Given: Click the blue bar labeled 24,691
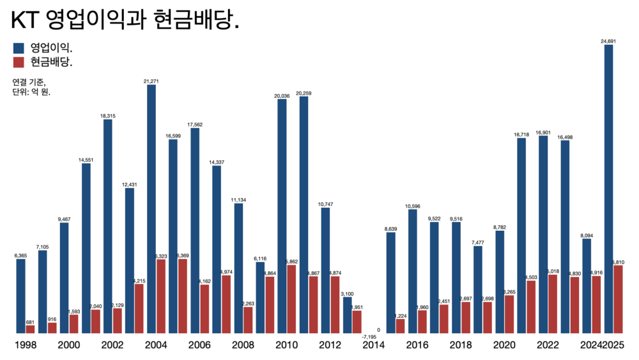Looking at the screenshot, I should coord(608,189).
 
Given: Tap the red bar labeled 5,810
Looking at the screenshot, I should coord(618,299).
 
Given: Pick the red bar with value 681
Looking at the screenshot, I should coord(30,329).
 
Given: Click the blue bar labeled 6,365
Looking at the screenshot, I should coord(21,296).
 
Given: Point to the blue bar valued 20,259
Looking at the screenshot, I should coord(304,215).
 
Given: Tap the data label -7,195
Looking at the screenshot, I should coord(369,337).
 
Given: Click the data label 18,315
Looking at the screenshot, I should coord(108,116).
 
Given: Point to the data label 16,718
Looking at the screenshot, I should coord(521,134).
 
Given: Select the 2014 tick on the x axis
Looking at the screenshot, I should coord(373,346).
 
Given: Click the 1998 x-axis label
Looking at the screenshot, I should coord(26,346).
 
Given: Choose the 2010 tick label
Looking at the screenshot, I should coord(286,346).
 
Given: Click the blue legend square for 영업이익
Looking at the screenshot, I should coord(18,47).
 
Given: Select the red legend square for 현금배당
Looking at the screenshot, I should coord(18,62).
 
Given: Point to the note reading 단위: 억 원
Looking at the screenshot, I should coord(31,92).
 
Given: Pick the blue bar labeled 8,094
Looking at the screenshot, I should coord(587,286).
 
